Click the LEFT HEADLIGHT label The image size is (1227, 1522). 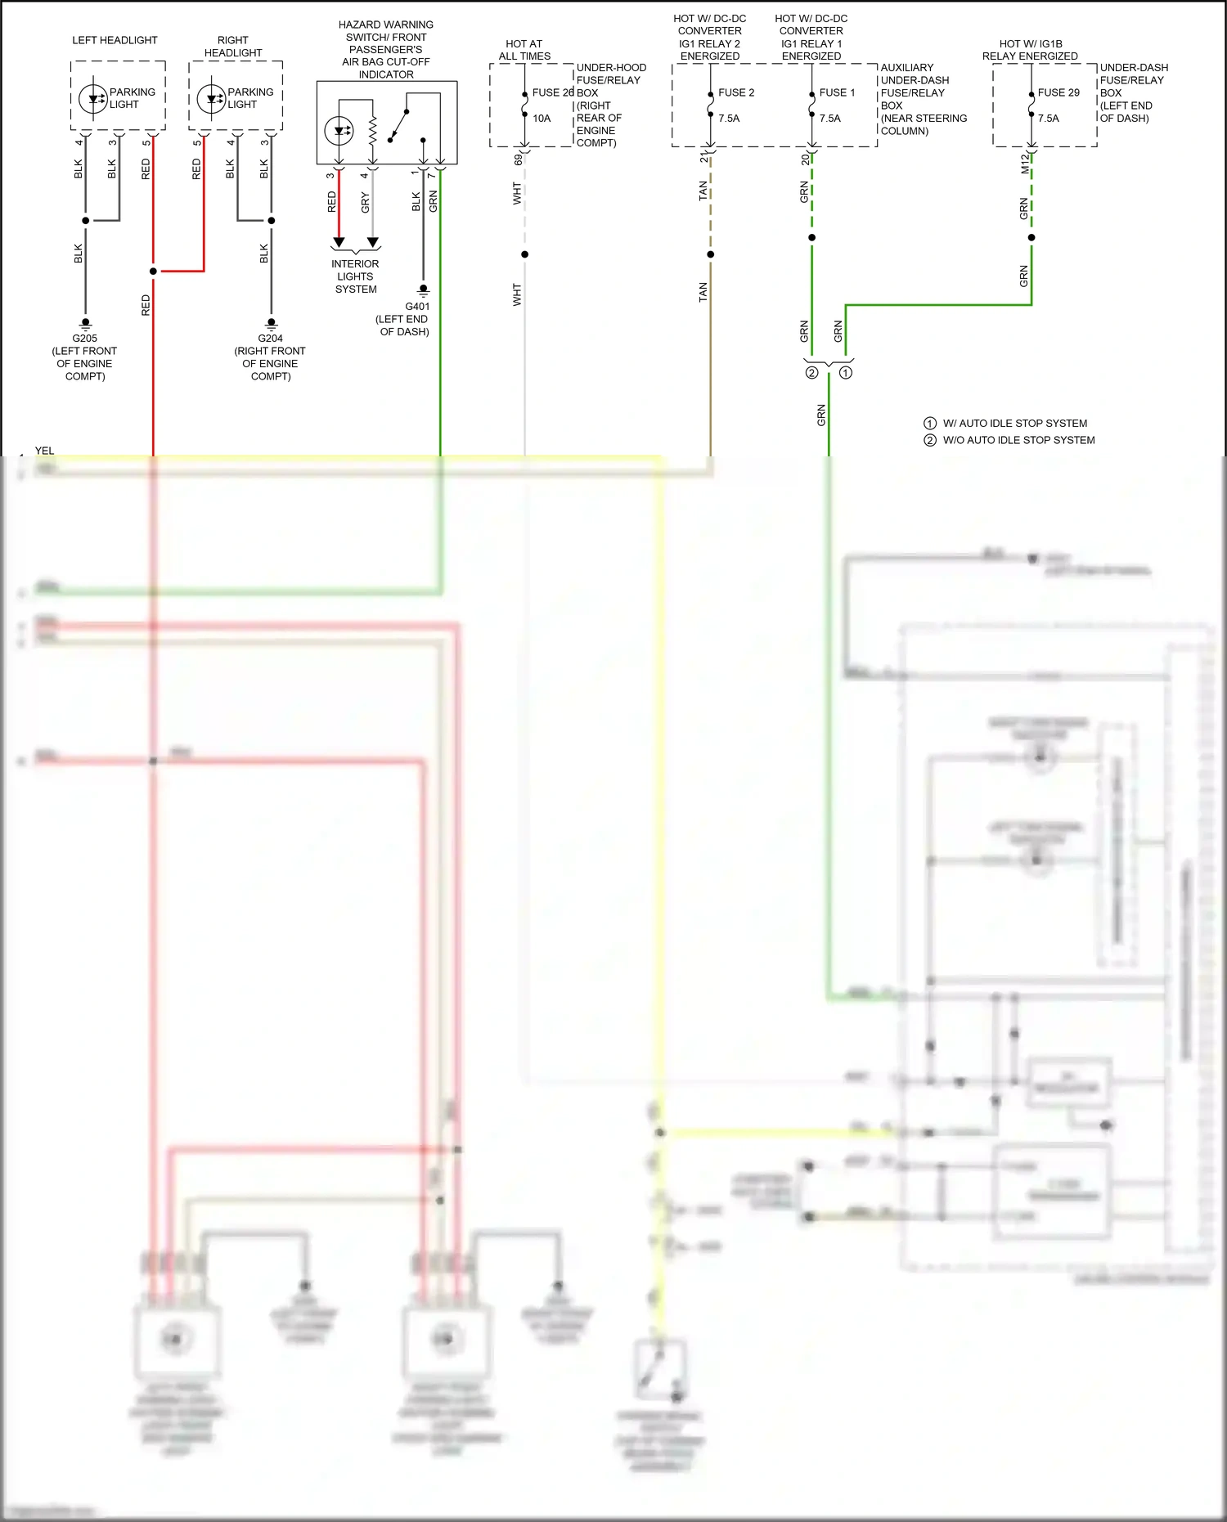[x=115, y=40]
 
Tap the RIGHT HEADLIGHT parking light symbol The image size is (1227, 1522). [x=211, y=99]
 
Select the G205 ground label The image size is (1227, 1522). [x=84, y=339]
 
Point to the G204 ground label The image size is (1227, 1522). [x=270, y=339]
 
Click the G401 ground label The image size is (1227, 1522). [x=417, y=307]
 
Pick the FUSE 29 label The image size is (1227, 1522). [x=1058, y=92]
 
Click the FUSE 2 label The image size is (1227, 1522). [x=736, y=92]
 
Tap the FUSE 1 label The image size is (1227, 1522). [x=837, y=92]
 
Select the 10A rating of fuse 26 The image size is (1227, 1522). [x=542, y=119]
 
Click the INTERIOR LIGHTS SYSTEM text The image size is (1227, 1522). [x=355, y=276]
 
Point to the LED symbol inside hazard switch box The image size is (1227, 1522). [x=339, y=131]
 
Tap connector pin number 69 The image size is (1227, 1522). [x=518, y=159]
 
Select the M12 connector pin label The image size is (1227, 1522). [x=1024, y=164]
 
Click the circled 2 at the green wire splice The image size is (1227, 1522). [x=811, y=373]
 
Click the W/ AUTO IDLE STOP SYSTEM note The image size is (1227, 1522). [x=1014, y=424]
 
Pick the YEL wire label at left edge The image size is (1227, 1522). [x=44, y=451]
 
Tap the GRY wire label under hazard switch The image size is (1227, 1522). [x=365, y=203]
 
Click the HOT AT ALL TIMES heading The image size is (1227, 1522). [x=524, y=50]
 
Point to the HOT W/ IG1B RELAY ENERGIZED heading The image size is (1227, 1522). [x=1030, y=50]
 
